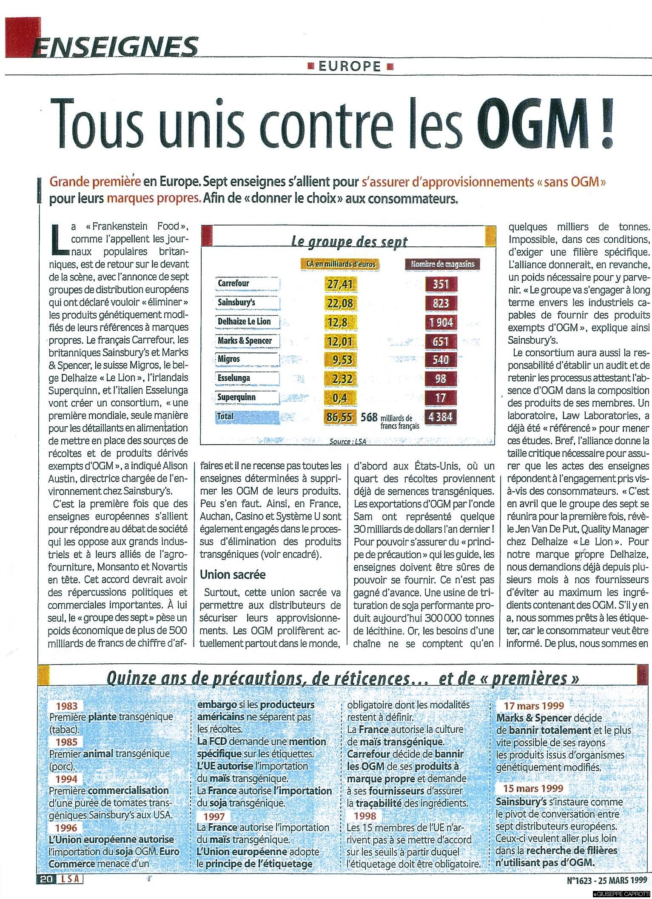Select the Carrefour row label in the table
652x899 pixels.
(233, 283)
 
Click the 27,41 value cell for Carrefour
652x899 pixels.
(340, 284)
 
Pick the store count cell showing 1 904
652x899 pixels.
(441, 322)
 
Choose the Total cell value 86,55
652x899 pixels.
(339, 417)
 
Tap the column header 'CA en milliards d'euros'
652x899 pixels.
(340, 264)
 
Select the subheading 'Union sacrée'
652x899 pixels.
(233, 574)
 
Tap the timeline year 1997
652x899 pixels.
(214, 816)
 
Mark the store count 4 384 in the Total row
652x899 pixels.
(441, 417)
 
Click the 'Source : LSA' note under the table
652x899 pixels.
(347, 442)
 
